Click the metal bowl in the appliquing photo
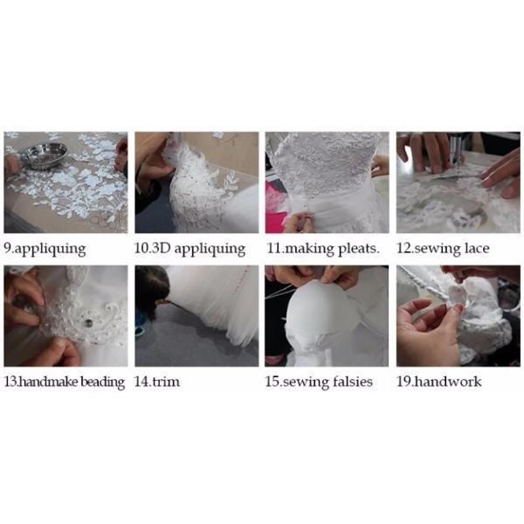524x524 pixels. coord(45,155)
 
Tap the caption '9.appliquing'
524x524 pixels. coord(45,249)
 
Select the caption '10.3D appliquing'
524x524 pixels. coord(190,249)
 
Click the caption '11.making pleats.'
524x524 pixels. coord(323,249)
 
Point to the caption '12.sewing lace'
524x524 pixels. coord(443,249)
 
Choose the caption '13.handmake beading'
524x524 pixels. coord(64,382)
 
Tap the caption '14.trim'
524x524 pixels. coord(156,382)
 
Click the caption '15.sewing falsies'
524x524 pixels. coord(319,382)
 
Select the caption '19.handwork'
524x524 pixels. coord(438,382)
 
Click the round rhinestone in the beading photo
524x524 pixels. coord(88,322)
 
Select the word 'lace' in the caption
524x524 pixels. coord(477,248)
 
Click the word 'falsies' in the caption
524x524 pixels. coord(353,382)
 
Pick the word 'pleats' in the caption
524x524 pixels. coord(359,249)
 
